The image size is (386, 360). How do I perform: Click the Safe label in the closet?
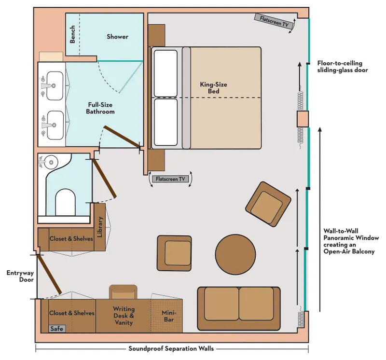tap(57, 329)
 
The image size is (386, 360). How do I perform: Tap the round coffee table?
tap(235, 255)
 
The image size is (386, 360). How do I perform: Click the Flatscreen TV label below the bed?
tap(170, 179)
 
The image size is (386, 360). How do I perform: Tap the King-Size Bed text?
tap(213, 88)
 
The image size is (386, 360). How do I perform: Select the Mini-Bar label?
tap(168, 316)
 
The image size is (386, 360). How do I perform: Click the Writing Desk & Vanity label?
tap(124, 316)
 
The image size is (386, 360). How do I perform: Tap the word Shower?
tap(117, 37)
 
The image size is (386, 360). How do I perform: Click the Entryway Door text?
tap(17, 276)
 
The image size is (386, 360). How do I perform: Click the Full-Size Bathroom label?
tap(101, 108)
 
